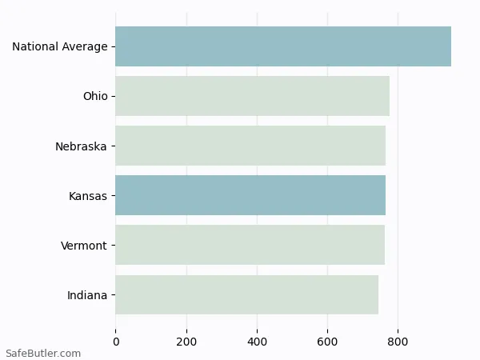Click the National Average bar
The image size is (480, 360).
[283, 46]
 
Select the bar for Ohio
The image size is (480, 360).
[252, 96]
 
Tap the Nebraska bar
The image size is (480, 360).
[250, 146]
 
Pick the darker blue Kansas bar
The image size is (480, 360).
[250, 195]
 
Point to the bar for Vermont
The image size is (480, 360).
[250, 245]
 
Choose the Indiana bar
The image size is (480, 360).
[246, 294]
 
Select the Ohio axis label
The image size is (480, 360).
[95, 96]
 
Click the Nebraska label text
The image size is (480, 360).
[81, 146]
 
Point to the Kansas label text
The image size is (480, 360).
[88, 196]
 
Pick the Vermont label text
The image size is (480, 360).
[83, 246]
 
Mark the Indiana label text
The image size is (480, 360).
[87, 295]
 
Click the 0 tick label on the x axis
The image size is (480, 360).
[116, 342]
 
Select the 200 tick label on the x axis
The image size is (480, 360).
[186, 342]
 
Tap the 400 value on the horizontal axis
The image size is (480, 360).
[257, 342]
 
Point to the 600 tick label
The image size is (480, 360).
[327, 342]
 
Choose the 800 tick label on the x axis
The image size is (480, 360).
[398, 342]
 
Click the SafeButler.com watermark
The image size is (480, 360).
[43, 353]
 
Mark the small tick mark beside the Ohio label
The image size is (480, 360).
[113, 96]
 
